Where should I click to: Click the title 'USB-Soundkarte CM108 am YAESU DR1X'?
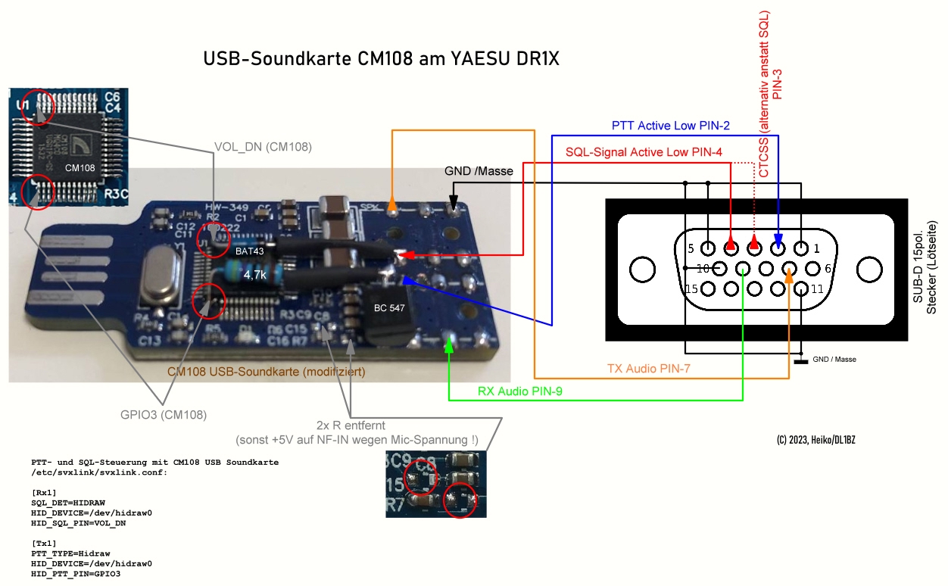point(381,59)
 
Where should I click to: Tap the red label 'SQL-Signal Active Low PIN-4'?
point(644,152)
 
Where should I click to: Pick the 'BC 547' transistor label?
point(390,308)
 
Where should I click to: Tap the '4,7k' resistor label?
point(256,276)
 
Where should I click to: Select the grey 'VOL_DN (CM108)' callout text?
point(263,146)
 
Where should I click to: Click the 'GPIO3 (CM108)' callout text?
point(164,414)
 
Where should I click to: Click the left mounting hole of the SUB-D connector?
point(642,269)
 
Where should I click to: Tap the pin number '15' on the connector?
point(691,289)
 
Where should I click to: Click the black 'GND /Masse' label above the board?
point(479,171)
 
